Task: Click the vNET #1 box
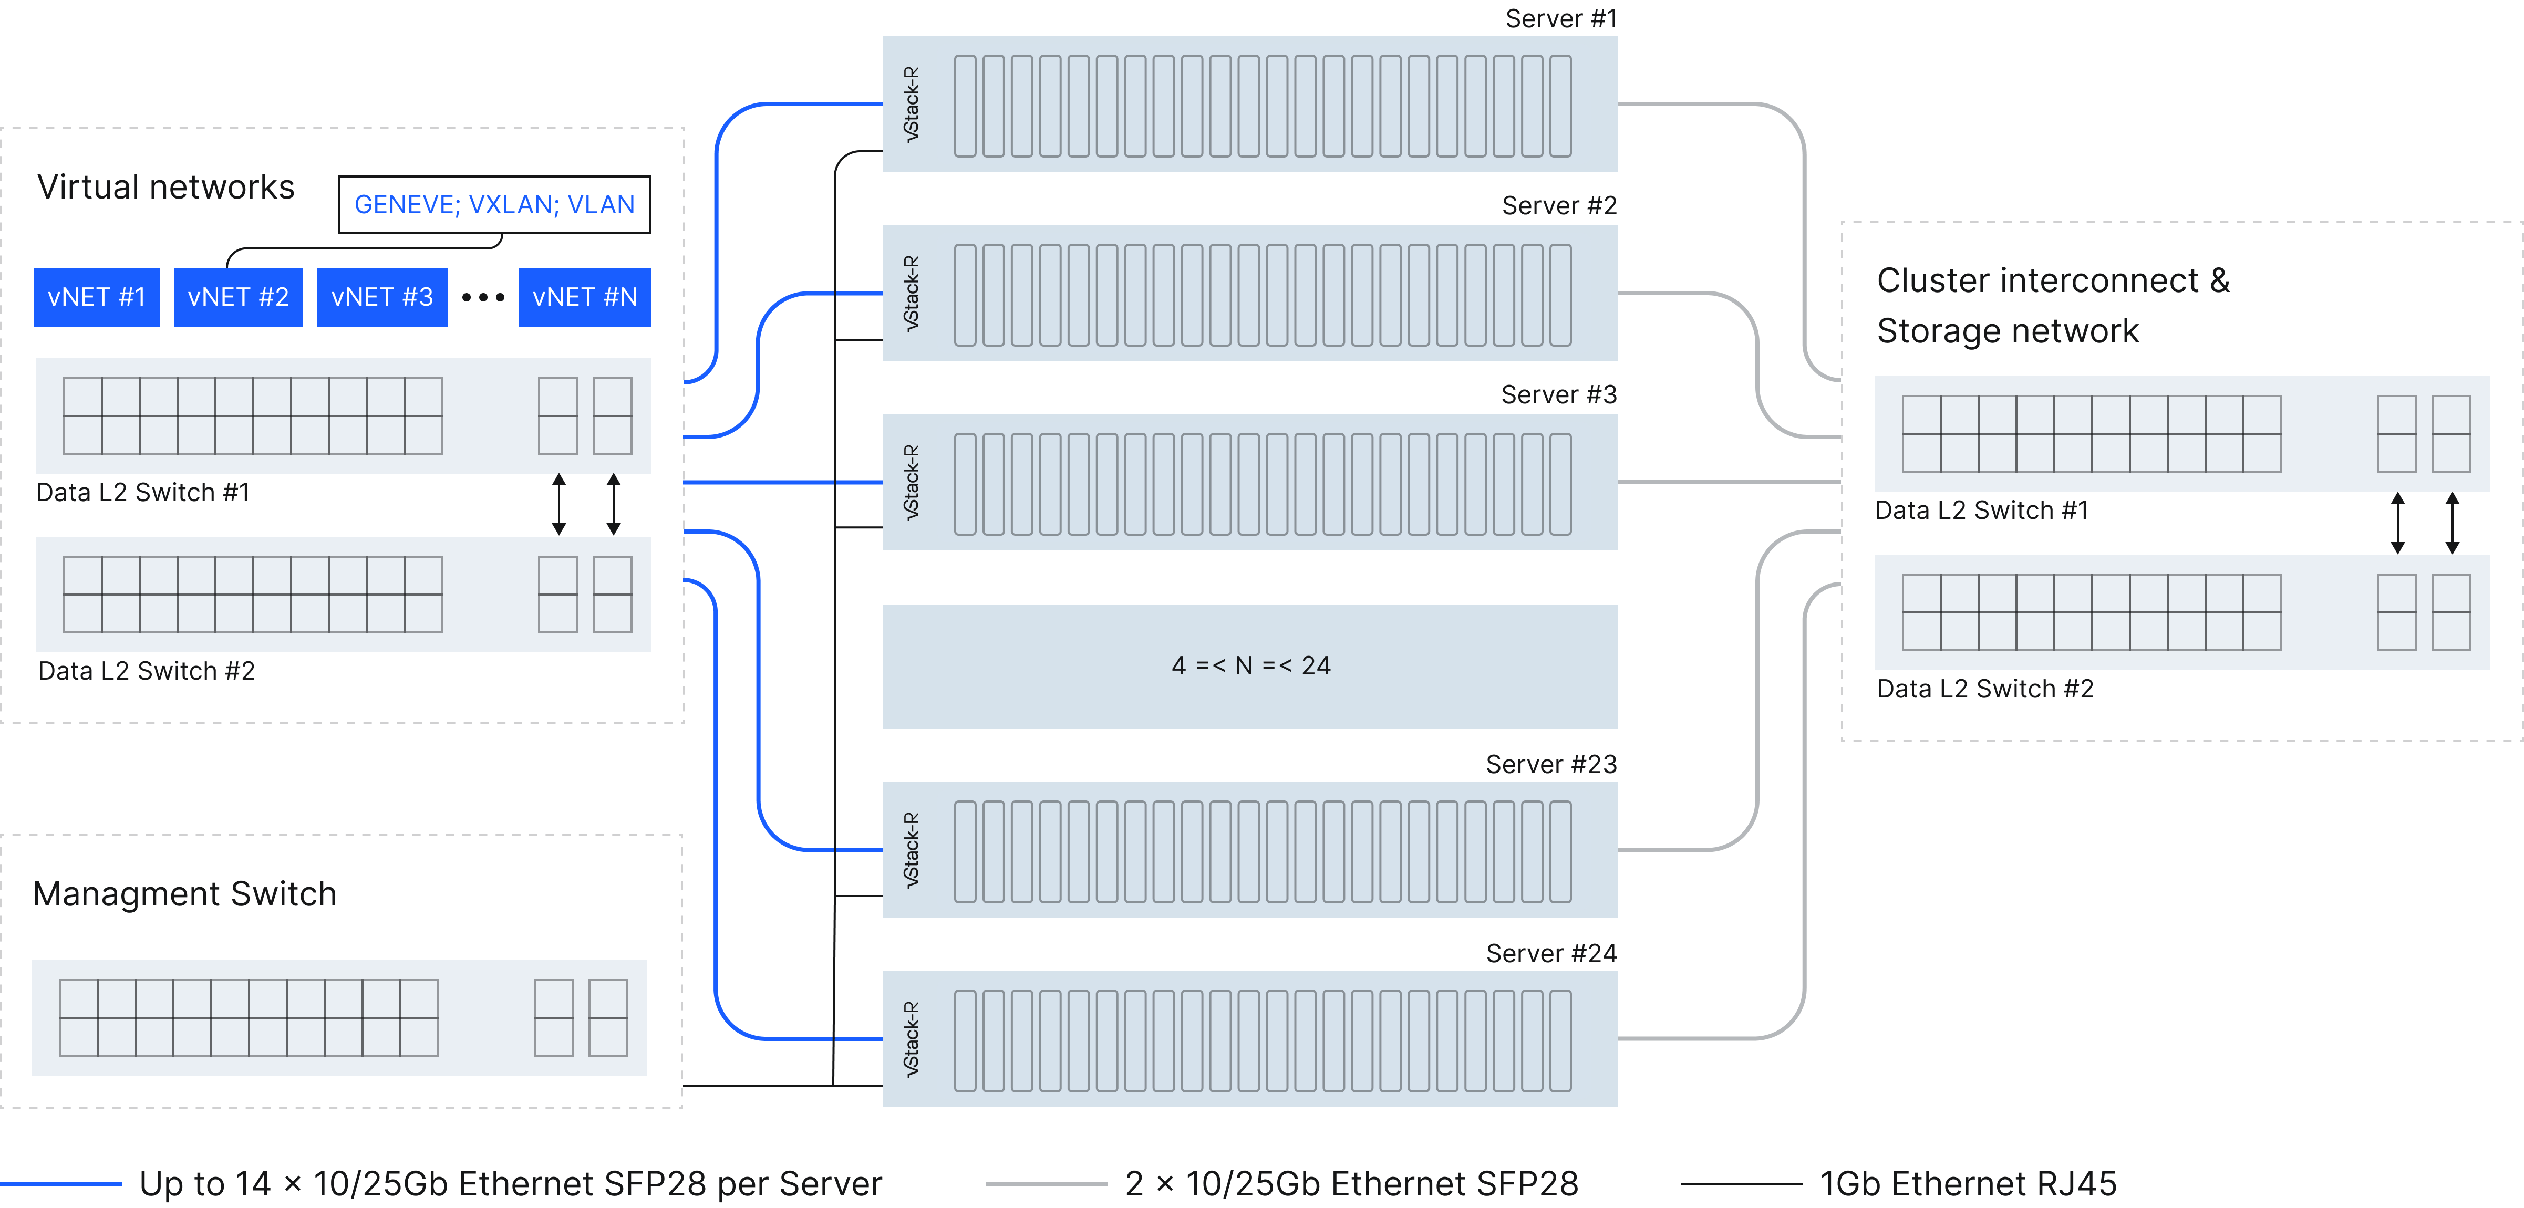[x=96, y=297]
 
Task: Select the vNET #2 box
[x=238, y=297]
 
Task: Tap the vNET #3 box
[x=382, y=297]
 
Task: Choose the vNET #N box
[x=585, y=297]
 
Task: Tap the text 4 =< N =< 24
[x=1250, y=666]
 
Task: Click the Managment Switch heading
[x=184, y=893]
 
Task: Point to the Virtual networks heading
[x=165, y=187]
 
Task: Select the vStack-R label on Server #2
[x=911, y=293]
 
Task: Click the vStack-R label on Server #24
[x=911, y=1038]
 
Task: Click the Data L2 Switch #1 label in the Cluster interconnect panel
[x=1981, y=511]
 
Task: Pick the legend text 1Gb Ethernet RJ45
[x=1968, y=1183]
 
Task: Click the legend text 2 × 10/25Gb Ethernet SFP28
[x=1351, y=1183]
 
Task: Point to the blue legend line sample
[x=61, y=1183]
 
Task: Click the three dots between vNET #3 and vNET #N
[x=483, y=297]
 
